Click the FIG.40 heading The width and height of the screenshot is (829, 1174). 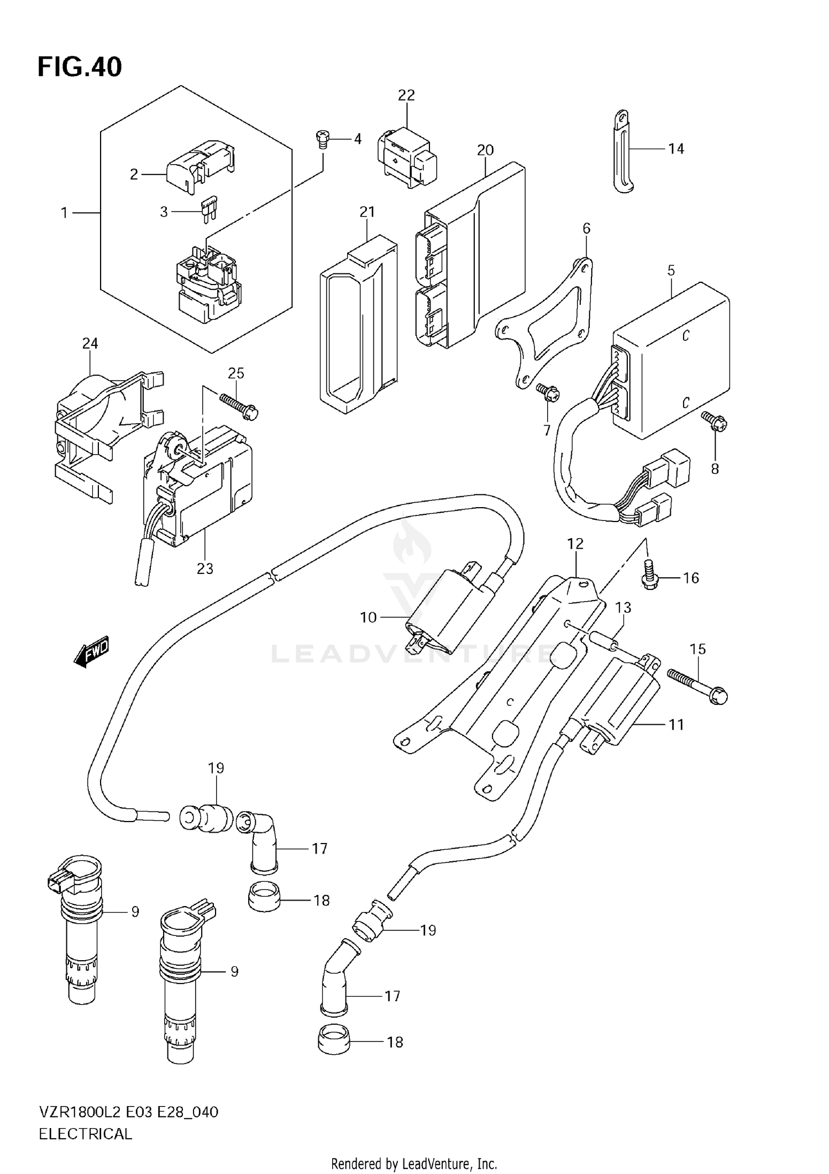tap(80, 67)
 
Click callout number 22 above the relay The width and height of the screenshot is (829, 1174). tap(406, 95)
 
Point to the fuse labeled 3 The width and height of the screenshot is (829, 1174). tap(211, 209)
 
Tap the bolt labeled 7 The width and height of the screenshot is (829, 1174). tap(548, 393)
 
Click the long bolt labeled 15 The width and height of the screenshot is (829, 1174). tap(697, 685)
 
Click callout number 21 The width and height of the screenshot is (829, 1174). tap(367, 212)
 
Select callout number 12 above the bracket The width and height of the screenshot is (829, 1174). tap(575, 544)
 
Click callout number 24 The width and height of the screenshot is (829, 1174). tap(90, 344)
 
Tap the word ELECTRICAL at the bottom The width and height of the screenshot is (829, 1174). tap(86, 1134)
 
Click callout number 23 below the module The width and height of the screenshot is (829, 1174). tap(204, 568)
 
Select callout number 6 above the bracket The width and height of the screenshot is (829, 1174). tap(586, 228)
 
